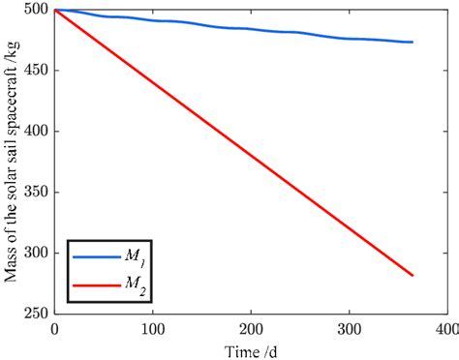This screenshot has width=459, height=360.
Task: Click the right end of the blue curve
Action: (413, 42)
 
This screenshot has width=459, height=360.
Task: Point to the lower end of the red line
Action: (413, 276)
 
